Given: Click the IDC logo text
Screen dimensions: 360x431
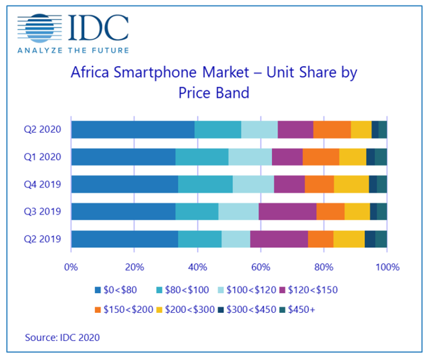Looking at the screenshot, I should pos(98,28).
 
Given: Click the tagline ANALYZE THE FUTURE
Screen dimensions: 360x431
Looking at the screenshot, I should pos(73,50).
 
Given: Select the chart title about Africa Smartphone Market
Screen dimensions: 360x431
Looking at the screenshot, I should pos(213,82).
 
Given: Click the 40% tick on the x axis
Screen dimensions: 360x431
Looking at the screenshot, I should pos(198,267).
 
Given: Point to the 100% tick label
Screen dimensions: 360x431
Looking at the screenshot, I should pos(387,267).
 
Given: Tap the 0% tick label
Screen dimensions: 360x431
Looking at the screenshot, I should pos(71,267).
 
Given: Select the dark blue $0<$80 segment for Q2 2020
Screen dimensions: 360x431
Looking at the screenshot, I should pos(132,130).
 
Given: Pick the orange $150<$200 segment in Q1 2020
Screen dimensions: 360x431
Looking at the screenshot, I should pos(321,157).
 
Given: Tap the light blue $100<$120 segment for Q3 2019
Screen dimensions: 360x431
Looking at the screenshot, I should pos(239,211).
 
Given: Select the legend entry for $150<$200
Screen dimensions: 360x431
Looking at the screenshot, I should pos(124,308).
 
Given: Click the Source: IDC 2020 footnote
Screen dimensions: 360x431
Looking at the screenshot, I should pos(62,338).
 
